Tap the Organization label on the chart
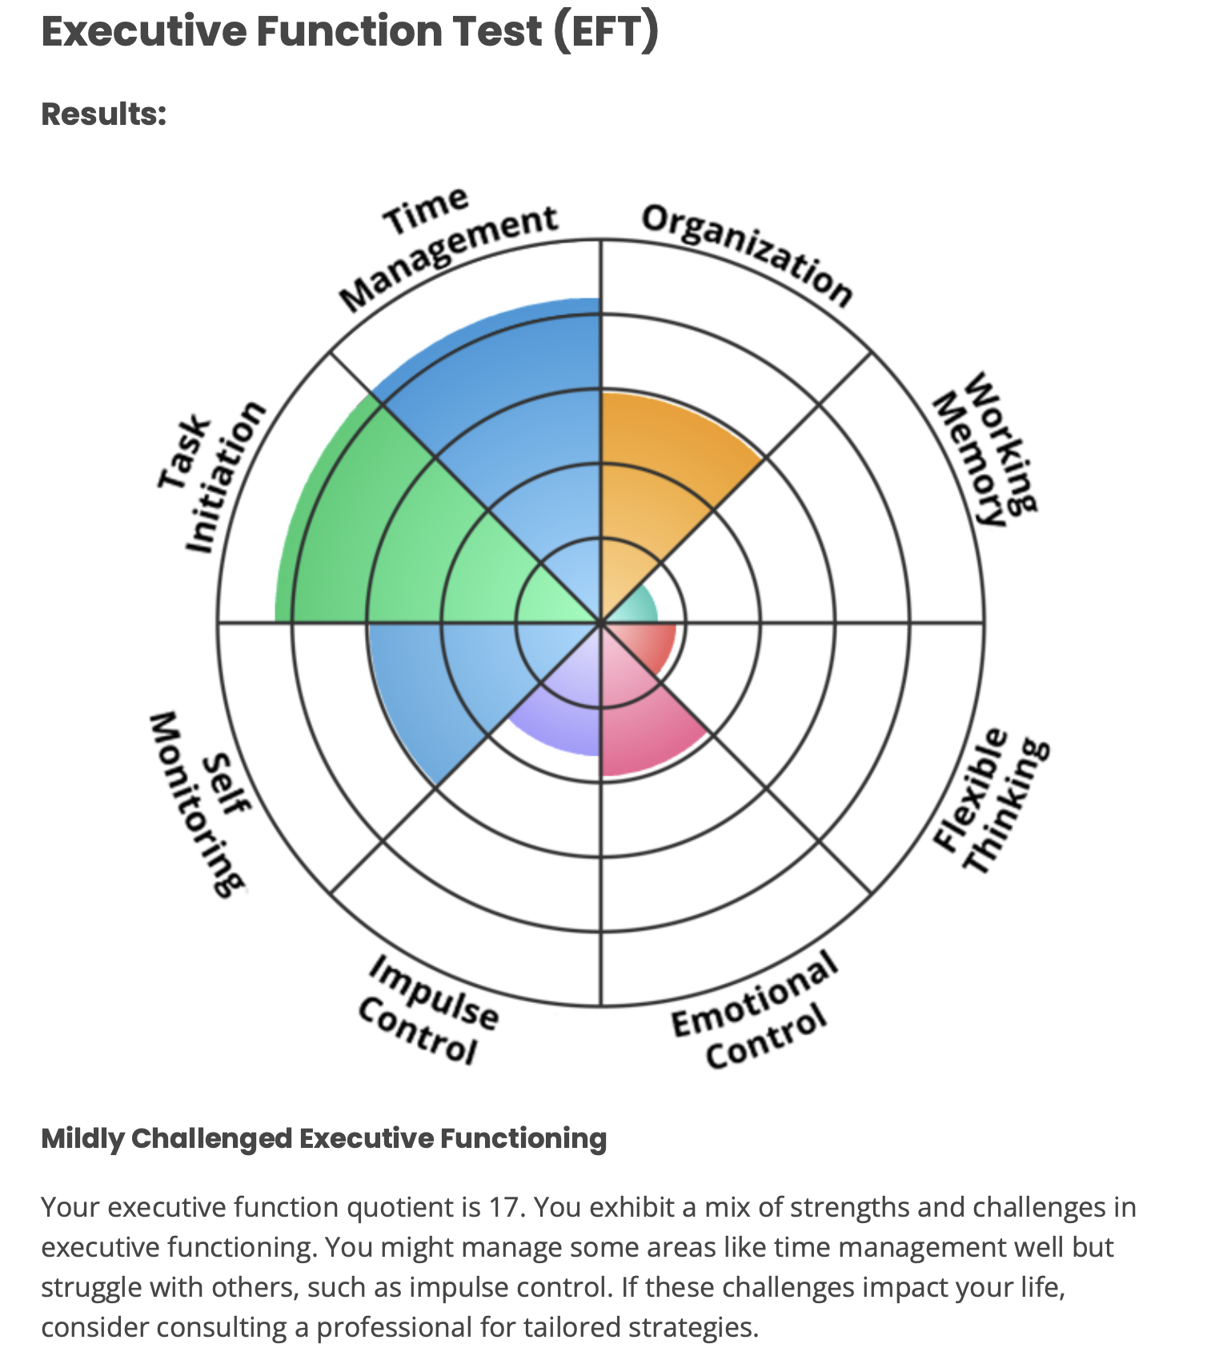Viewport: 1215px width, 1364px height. (748, 253)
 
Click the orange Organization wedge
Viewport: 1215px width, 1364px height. (656, 464)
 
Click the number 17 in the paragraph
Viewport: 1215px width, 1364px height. (506, 1206)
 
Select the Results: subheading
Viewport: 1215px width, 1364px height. (104, 114)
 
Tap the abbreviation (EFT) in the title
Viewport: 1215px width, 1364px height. (605, 32)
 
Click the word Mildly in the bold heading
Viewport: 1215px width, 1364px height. (82, 1137)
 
